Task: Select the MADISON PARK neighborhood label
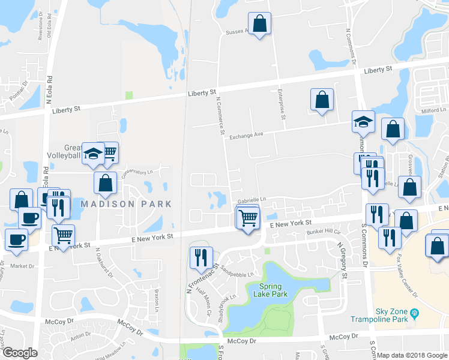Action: [x=126, y=204]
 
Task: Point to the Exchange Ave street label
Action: [x=246, y=136]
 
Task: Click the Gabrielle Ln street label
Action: [x=251, y=200]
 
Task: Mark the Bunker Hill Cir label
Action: [x=324, y=231]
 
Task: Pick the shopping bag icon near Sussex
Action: [x=259, y=25]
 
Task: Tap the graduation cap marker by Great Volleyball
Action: [x=93, y=154]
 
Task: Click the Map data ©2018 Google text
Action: [x=412, y=355]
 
